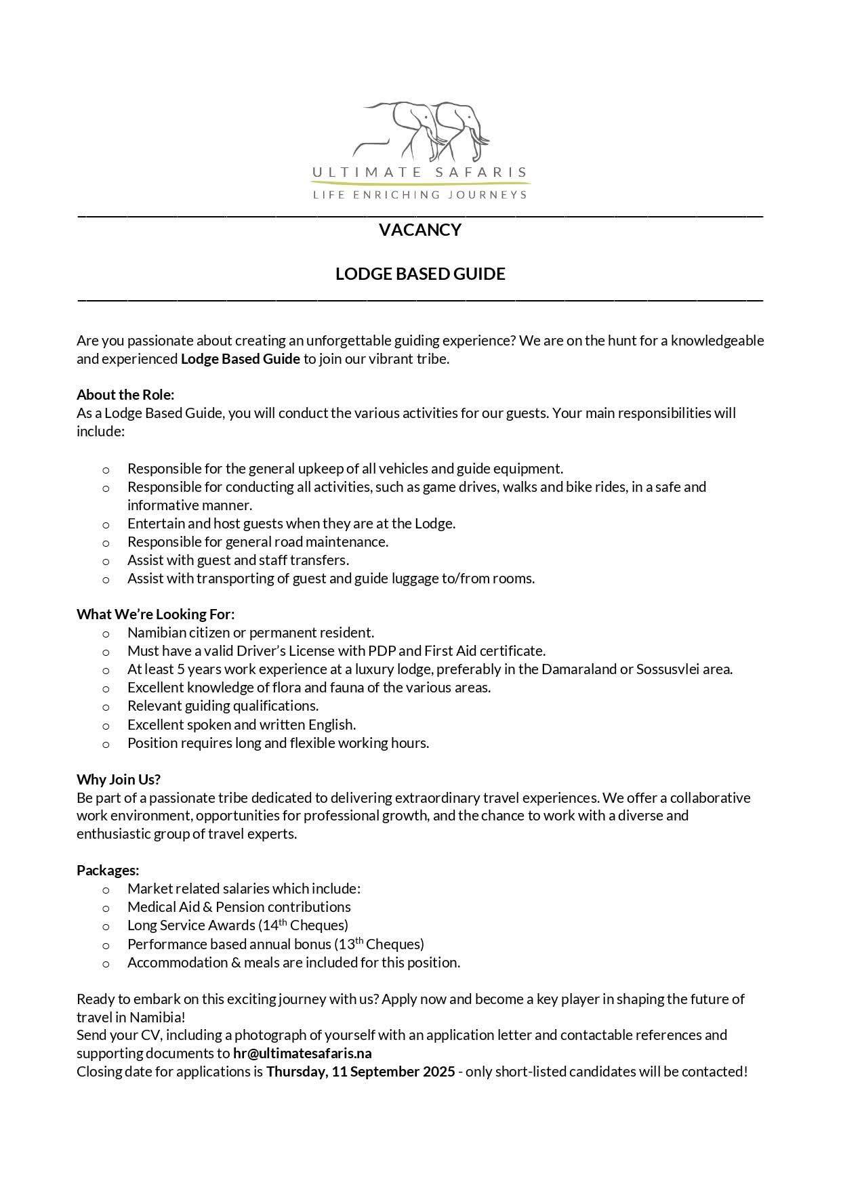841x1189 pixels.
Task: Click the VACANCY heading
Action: (x=420, y=230)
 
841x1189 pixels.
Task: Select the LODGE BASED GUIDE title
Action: (x=420, y=274)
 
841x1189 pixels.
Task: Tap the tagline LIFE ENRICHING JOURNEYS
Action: (x=419, y=195)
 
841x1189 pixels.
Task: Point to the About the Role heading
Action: (x=125, y=395)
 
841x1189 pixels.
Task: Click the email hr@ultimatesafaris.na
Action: (x=302, y=1054)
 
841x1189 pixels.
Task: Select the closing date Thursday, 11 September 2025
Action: (x=361, y=1072)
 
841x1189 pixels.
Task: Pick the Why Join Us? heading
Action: (x=119, y=779)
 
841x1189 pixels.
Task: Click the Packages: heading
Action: (x=108, y=871)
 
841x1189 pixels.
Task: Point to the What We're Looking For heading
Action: (x=155, y=614)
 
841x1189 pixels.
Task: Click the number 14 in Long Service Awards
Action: (x=270, y=926)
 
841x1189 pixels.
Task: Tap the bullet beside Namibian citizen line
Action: (x=106, y=634)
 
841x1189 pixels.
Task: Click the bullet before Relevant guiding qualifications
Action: (x=106, y=707)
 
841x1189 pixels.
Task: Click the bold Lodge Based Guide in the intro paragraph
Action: (x=240, y=359)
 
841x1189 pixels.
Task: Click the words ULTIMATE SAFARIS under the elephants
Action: (x=419, y=173)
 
